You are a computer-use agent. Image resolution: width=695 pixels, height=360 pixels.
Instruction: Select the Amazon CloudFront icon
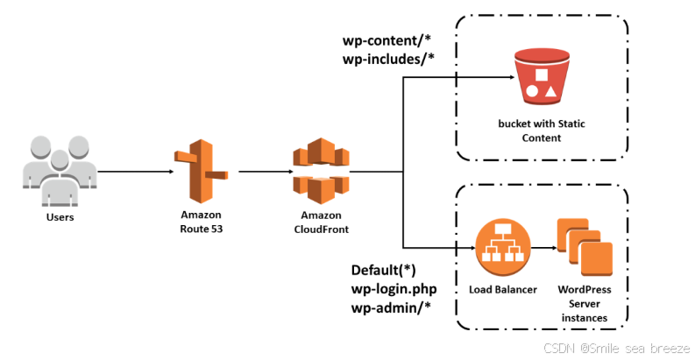pyautogui.click(x=320, y=172)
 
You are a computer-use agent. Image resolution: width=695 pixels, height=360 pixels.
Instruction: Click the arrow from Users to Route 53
pyautogui.click(x=131, y=172)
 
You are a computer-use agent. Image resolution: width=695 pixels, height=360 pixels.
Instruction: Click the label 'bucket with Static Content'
pyautogui.click(x=541, y=131)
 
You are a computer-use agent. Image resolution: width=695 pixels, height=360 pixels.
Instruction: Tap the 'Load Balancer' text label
pyautogui.click(x=503, y=289)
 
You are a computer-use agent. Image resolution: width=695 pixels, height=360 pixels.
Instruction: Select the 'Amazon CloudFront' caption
pyautogui.click(x=320, y=222)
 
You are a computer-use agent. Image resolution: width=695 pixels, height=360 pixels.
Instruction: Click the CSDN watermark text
pyautogui.click(x=617, y=348)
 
